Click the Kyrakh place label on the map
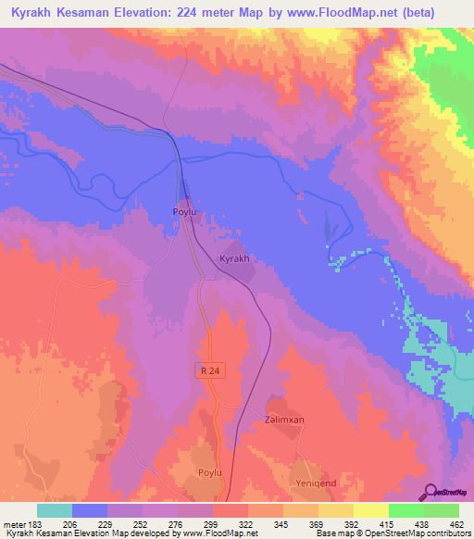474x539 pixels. [x=234, y=260]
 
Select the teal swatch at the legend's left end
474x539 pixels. [x=55, y=510]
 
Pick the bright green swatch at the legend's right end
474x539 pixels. [x=442, y=510]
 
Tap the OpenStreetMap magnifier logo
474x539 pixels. [x=431, y=491]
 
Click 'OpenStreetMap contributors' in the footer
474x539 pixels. [x=418, y=534]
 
